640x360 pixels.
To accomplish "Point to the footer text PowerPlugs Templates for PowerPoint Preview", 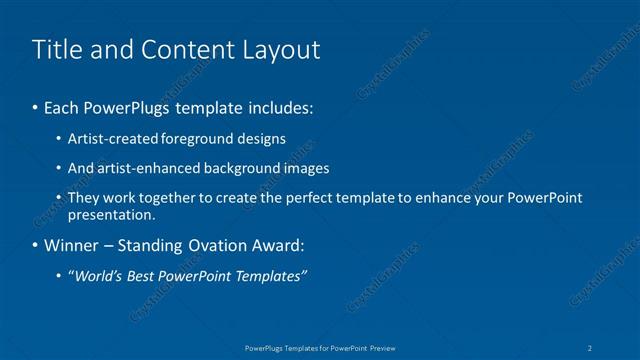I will [320, 348].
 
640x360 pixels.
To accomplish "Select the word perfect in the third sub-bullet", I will [296, 198].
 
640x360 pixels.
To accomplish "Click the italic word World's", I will [99, 276].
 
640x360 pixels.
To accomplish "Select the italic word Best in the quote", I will [148, 276].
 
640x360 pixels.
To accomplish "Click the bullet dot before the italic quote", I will [60, 276].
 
